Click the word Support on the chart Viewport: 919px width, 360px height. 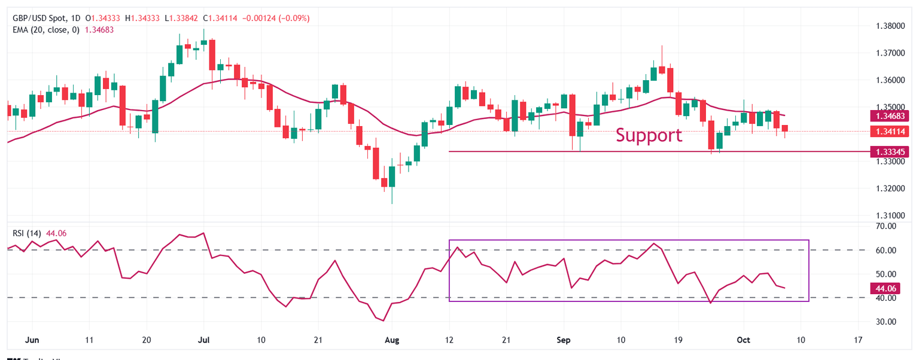coord(649,135)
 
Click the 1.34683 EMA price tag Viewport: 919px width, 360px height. coord(891,116)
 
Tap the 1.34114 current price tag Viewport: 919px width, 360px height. coord(891,131)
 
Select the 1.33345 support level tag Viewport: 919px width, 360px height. coord(891,151)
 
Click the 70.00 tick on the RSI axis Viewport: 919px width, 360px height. coord(885,227)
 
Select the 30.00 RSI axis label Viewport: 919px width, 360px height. coord(885,322)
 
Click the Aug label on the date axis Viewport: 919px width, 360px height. coord(392,340)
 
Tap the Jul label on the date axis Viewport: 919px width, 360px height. coord(204,340)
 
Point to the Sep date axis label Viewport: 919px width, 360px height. coord(564,340)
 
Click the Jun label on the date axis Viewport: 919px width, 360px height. coord(33,340)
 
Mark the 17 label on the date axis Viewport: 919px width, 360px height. coord(858,340)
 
